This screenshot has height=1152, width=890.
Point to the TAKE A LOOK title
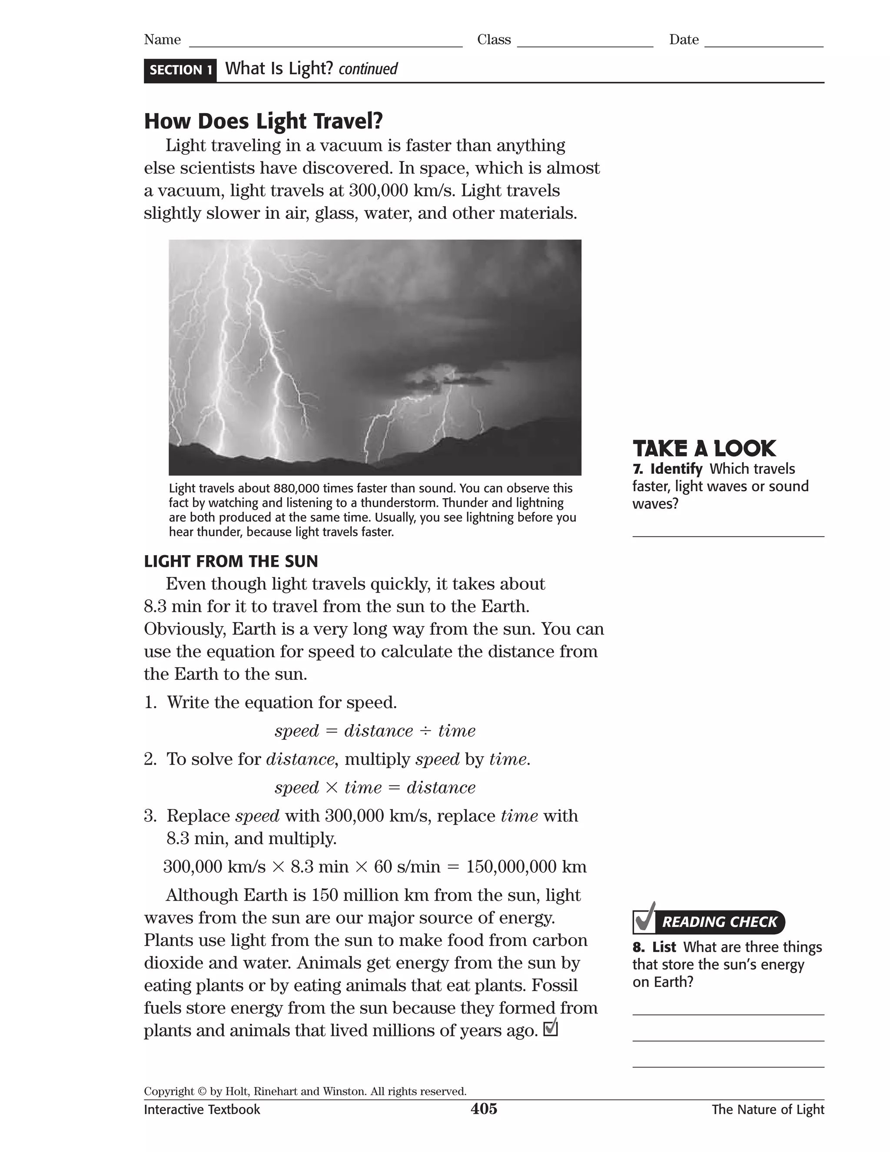click(x=704, y=449)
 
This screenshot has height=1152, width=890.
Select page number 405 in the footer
click(x=484, y=1109)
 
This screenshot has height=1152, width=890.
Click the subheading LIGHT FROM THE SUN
click(x=231, y=561)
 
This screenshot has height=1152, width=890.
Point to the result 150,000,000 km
click(x=526, y=867)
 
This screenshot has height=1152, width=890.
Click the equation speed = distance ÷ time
click(x=375, y=731)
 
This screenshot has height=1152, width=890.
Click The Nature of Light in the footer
click(x=768, y=1109)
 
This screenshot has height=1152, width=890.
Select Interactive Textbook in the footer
click(x=202, y=1109)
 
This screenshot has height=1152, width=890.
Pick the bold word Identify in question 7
click(x=676, y=469)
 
